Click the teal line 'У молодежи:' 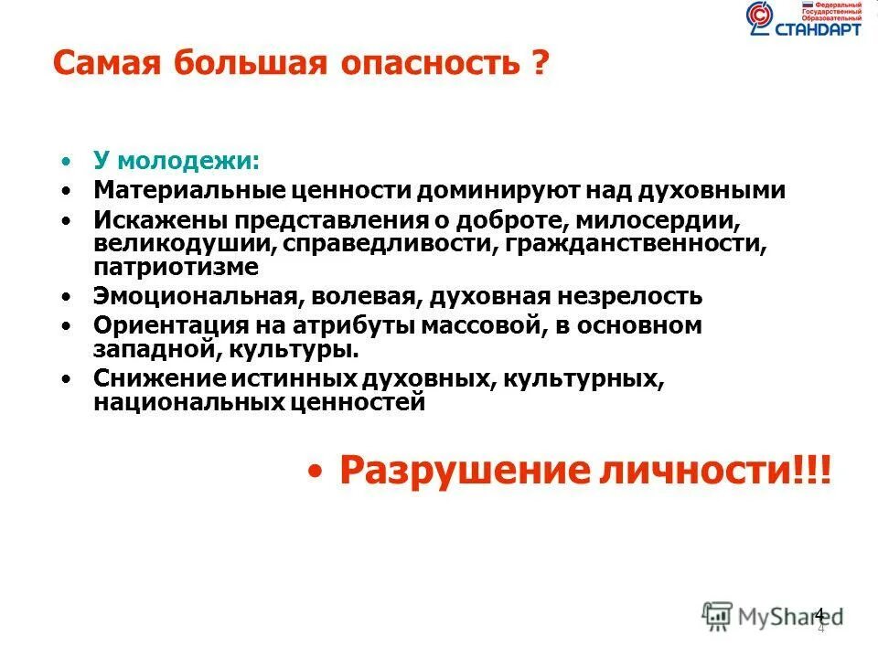(x=177, y=161)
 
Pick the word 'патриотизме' (x=176, y=267)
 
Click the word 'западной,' (x=150, y=350)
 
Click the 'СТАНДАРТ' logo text (x=819, y=27)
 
